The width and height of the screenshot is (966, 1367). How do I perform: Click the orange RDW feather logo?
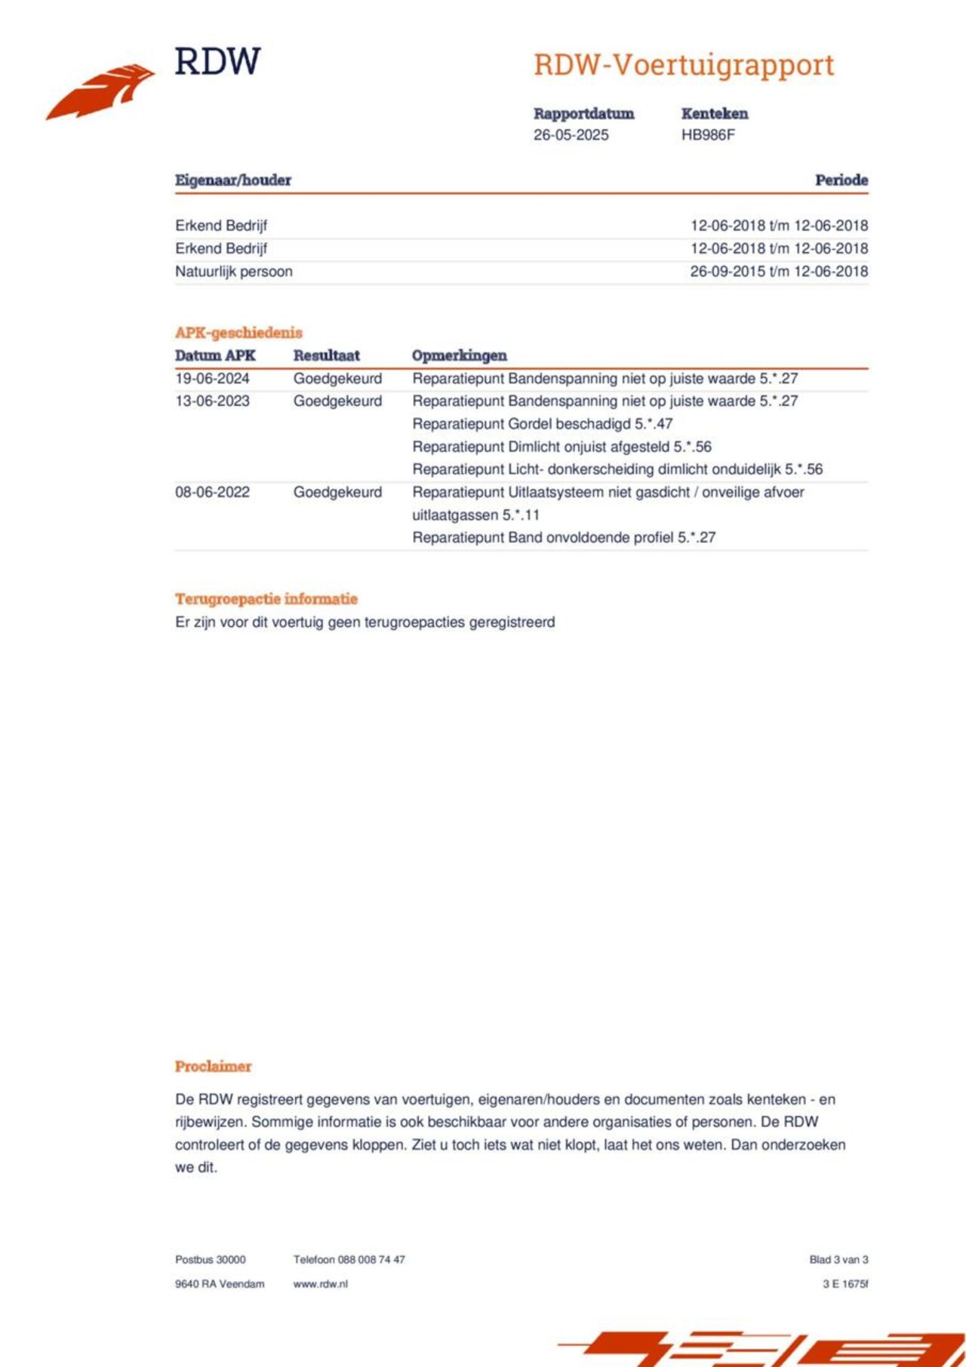coord(100,91)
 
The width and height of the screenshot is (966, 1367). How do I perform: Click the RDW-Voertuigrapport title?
coord(684,66)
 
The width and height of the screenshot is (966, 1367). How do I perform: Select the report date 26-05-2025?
coord(571,135)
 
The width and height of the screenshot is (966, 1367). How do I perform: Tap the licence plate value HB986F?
coord(707,135)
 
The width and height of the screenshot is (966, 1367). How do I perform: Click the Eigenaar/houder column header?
coord(232,180)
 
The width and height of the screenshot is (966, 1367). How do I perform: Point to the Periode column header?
coord(841,180)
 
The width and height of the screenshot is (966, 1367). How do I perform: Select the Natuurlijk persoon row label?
coord(234,272)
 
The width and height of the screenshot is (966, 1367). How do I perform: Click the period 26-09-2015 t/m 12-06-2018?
coord(779,272)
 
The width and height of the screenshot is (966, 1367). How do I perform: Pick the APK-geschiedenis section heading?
coord(238,333)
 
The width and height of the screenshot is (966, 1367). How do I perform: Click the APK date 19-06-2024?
coord(212,379)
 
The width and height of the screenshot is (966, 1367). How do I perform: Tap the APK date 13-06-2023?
coord(212,401)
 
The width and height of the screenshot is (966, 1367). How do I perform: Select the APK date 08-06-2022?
coord(212,493)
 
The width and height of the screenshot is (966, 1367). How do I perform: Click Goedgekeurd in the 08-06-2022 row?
coord(337,493)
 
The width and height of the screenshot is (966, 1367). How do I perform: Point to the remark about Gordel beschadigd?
coord(542,424)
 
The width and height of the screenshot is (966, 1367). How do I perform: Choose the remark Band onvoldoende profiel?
coord(563,538)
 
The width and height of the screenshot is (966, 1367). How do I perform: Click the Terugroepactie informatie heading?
coord(266,599)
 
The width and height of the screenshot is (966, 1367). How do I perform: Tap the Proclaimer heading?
coord(213,1067)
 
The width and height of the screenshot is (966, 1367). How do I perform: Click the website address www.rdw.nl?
coord(320,1284)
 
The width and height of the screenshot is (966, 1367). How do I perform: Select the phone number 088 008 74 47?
coord(371,1260)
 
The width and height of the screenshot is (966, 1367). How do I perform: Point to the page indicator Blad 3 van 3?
coord(838,1260)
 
